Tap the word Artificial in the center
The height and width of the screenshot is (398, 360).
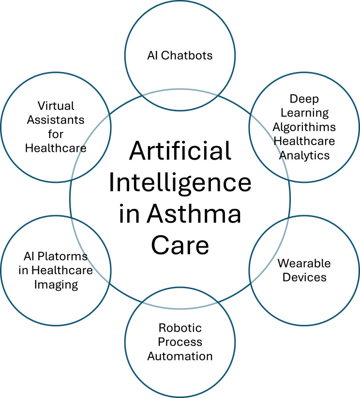tap(180, 152)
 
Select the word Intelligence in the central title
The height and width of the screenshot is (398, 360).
tap(180, 183)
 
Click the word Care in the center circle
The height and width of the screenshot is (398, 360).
tap(180, 245)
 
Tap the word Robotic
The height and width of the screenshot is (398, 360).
tap(180, 328)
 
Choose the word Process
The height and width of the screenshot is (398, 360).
tap(180, 342)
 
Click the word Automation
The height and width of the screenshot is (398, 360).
tap(180, 356)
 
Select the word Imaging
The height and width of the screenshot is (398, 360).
tap(56, 284)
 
